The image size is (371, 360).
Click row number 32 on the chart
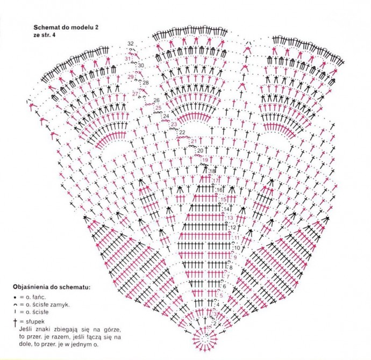click(x=130, y=44)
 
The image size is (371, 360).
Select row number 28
click(x=146, y=83)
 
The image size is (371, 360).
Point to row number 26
click(x=156, y=100)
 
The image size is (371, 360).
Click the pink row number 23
click(x=174, y=124)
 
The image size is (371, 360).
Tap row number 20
click(x=201, y=150)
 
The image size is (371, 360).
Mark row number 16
click(x=219, y=191)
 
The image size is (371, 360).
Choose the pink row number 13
click(x=230, y=217)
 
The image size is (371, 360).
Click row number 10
click(x=237, y=248)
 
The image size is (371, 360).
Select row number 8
click(x=231, y=267)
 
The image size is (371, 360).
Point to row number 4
click(x=217, y=305)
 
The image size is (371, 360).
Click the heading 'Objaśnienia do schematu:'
click(x=52, y=287)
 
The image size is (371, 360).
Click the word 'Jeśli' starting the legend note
click(x=26, y=329)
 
